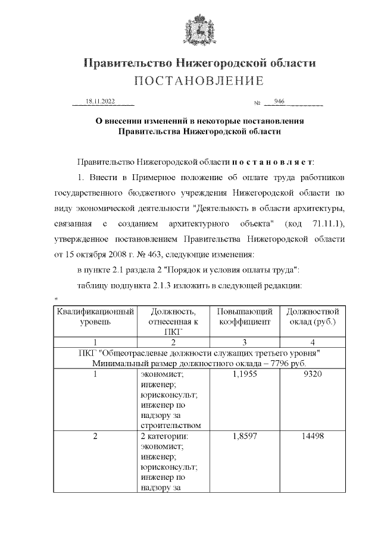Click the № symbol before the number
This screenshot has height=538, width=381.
point(257,103)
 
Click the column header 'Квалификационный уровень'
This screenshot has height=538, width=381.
point(95,316)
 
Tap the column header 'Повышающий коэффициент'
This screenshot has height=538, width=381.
point(245,316)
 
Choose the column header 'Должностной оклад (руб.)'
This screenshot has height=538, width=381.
point(313,316)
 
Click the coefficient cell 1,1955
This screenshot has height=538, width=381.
point(245,376)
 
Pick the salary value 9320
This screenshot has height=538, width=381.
point(313,376)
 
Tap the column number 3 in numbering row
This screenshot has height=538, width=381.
point(245,342)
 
